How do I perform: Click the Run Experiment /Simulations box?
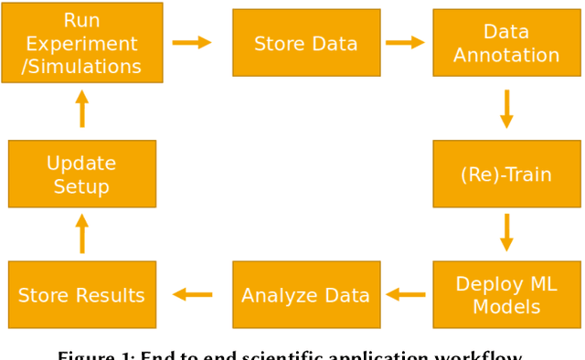pos(82,43)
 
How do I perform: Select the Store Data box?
pos(306,43)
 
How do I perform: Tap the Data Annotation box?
pos(506,43)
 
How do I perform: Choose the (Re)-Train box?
pos(506,174)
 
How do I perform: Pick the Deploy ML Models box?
pos(506,294)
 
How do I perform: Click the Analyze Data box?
pos(306,294)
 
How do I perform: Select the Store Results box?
pos(82,294)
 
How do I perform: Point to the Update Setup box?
pos(82,174)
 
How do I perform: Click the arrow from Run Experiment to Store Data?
pos(192,42)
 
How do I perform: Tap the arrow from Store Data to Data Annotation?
pos(405,42)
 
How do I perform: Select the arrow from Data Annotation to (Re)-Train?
pos(506,109)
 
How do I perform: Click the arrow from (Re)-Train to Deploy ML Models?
pos(506,232)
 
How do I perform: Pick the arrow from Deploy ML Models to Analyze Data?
pos(406,294)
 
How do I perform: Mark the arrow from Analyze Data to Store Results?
pos(193,294)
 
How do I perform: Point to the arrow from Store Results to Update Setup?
pos(82,234)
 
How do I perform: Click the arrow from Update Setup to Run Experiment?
pos(82,109)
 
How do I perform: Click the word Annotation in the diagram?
pos(506,55)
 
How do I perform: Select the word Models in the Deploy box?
pos(506,306)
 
